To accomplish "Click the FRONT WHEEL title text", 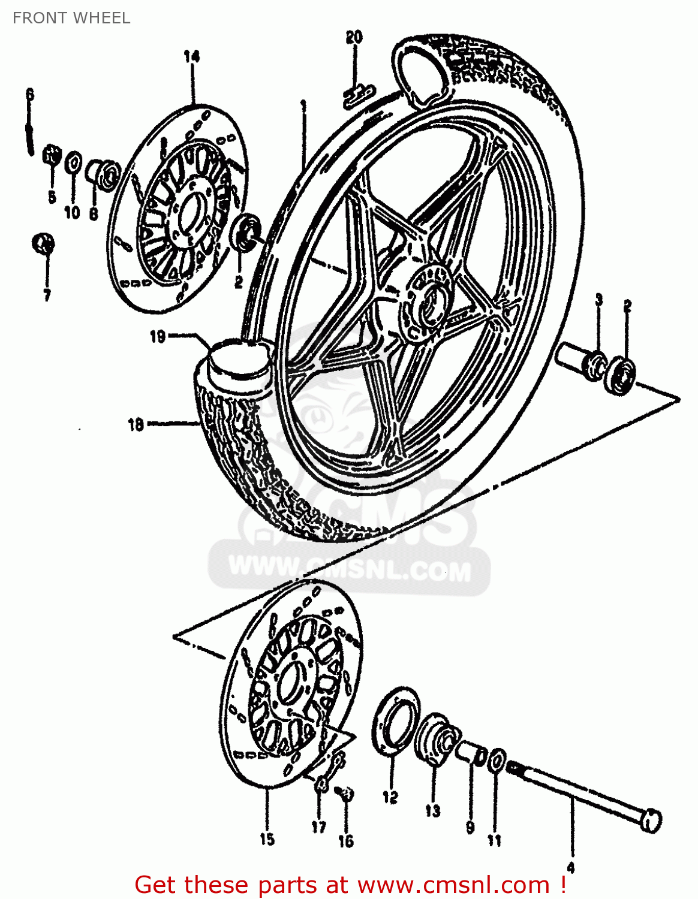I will [71, 18].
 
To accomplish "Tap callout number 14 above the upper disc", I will [191, 57].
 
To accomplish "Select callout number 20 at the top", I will [354, 37].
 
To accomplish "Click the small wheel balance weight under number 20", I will [359, 96].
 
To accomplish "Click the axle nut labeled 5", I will [52, 156].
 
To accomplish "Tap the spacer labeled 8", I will [102, 174].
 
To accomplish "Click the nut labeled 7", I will [44, 244].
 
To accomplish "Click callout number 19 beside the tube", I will [157, 336].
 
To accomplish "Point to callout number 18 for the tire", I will [136, 424].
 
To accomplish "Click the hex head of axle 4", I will [651, 820].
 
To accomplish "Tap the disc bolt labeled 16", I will [346, 794].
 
